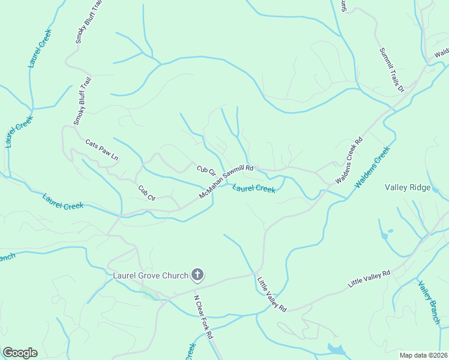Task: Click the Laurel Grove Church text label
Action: [x=151, y=276]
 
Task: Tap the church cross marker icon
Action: [x=197, y=276]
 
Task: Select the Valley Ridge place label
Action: [x=408, y=188]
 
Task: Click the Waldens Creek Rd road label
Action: [x=349, y=161]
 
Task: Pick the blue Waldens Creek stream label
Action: [x=372, y=167]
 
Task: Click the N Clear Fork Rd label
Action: [x=203, y=317]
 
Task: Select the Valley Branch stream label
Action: [x=429, y=303]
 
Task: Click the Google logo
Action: [x=20, y=353]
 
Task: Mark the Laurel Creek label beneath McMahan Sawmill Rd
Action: [x=253, y=188]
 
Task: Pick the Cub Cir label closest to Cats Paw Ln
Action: [x=146, y=193]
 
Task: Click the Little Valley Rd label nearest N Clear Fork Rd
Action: [x=272, y=293]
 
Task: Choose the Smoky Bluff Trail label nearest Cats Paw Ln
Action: [x=83, y=101]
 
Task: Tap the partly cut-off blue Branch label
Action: [x=7, y=257]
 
